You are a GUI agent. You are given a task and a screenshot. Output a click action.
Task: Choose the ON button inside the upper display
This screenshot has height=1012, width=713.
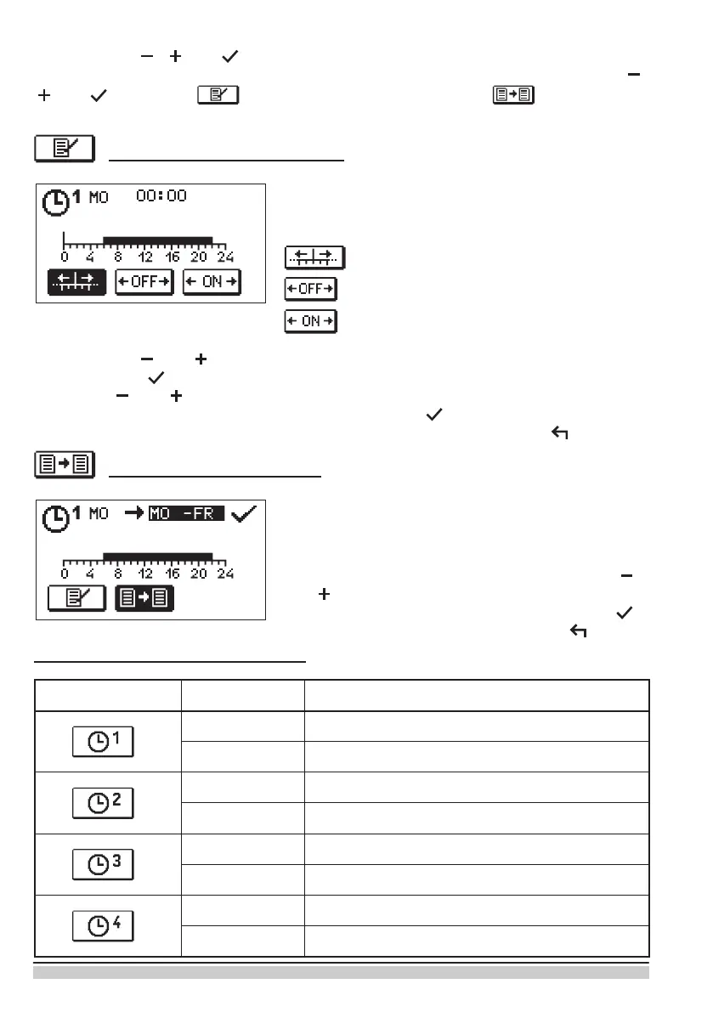click(x=212, y=282)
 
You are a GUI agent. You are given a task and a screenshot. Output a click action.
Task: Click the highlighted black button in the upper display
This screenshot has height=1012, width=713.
click(x=76, y=282)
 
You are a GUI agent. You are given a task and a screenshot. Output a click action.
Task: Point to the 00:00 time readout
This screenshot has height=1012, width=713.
click(x=161, y=196)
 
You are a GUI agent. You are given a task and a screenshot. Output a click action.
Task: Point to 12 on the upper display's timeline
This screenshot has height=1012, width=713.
click(x=145, y=257)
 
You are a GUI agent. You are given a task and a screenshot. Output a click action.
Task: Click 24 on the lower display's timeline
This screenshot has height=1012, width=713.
click(x=224, y=573)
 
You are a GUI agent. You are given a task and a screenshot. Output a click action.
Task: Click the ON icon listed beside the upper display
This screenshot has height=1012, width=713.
click(x=311, y=322)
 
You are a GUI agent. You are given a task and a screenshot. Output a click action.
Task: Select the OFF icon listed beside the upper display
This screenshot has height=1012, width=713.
click(x=311, y=290)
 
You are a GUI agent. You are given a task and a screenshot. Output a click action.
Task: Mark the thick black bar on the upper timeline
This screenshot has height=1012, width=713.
click(x=157, y=240)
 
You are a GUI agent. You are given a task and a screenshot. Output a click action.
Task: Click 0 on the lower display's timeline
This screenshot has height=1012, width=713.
click(x=65, y=573)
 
